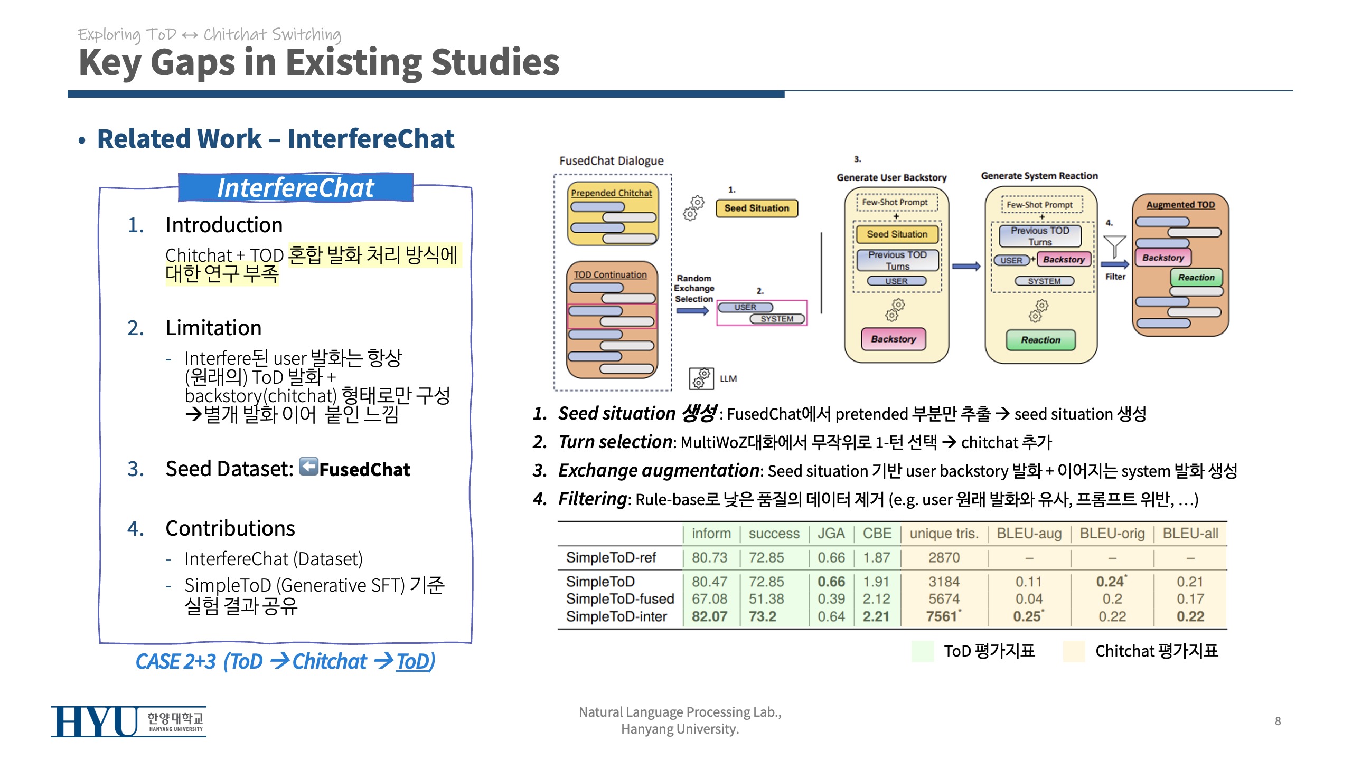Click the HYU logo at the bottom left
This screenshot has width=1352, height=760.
pyautogui.click(x=128, y=721)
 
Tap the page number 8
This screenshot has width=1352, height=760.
pyautogui.click(x=1278, y=721)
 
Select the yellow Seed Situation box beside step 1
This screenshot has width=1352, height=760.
pyautogui.click(x=756, y=208)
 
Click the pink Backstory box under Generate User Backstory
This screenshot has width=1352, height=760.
pyautogui.click(x=893, y=339)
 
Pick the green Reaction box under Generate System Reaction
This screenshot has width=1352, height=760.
pyautogui.click(x=1040, y=340)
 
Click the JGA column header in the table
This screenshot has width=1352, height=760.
pyautogui.click(x=831, y=534)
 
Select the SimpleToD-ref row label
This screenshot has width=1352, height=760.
pyautogui.click(x=611, y=558)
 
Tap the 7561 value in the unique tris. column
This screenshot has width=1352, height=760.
pyautogui.click(x=943, y=616)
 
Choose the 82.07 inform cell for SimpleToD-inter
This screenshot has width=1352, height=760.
pyautogui.click(x=709, y=616)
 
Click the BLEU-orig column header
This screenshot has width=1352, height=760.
pyautogui.click(x=1112, y=534)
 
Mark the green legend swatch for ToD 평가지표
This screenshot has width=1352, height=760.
pyautogui.click(x=923, y=651)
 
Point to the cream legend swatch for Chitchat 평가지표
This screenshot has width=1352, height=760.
pyautogui.click(x=1074, y=651)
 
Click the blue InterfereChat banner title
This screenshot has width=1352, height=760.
pyautogui.click(x=296, y=188)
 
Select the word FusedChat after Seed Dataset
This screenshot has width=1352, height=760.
pyautogui.click(x=364, y=469)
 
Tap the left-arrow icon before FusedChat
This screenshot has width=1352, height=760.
pyautogui.click(x=308, y=467)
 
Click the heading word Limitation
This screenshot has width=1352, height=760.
pyautogui.click(x=213, y=328)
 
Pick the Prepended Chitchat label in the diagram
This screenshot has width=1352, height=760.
pyautogui.click(x=612, y=193)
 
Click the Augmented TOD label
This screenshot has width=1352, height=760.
pyautogui.click(x=1180, y=205)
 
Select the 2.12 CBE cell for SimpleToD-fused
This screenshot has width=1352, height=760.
pyautogui.click(x=876, y=599)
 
